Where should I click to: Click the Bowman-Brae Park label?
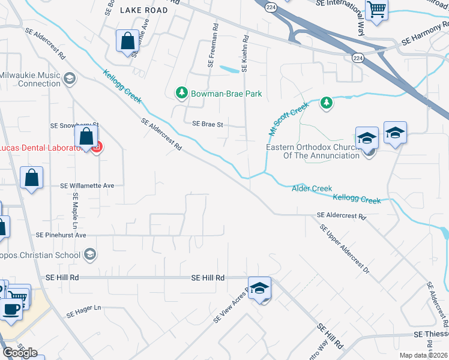(x=218, y=94)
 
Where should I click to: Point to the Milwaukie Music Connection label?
(x=30, y=79)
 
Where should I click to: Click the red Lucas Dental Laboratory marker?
(x=97, y=146)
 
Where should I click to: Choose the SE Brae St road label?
(x=208, y=124)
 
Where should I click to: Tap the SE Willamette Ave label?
(x=87, y=186)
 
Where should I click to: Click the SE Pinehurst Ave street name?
(x=61, y=235)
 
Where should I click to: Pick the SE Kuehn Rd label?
(x=245, y=53)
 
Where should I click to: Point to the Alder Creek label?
(x=312, y=188)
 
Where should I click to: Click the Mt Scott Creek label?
(x=288, y=118)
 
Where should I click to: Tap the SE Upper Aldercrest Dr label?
(x=345, y=249)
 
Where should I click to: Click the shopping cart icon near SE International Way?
(x=377, y=9)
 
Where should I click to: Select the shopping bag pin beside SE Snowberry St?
(x=86, y=137)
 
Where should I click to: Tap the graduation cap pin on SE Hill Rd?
(x=259, y=289)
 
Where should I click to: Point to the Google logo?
(x=20, y=353)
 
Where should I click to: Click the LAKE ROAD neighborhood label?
(x=143, y=10)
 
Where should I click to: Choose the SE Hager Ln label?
(x=85, y=312)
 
